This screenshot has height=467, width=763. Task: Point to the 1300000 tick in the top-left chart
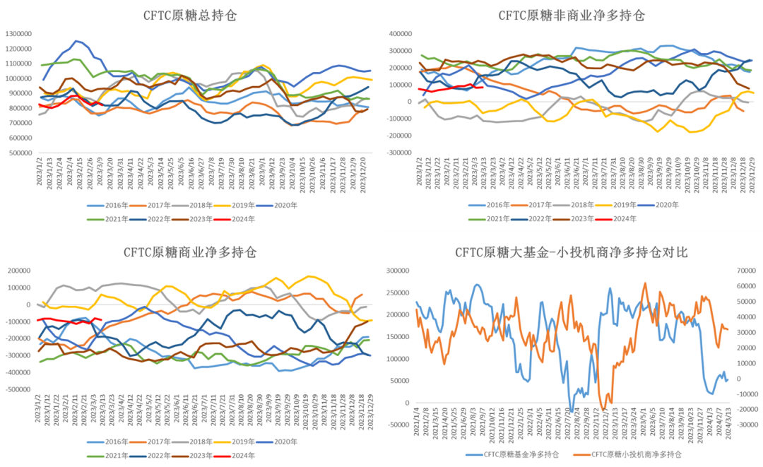pos(22,33)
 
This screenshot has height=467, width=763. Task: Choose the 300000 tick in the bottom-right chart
pos(399,271)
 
